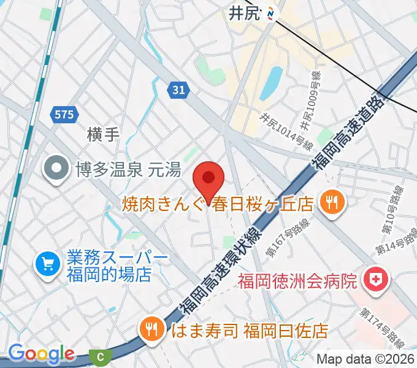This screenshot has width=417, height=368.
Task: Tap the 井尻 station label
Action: pos(245,13)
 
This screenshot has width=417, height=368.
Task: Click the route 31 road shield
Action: pos(178,90)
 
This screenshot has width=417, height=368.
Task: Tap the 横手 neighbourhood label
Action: pos(102,134)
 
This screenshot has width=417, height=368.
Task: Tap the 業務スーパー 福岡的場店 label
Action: pos(109,265)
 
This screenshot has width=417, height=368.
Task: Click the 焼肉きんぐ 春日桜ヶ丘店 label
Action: pos(218,202)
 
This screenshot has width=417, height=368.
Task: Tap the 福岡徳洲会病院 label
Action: pos(297,282)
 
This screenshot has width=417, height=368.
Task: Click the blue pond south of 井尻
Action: pos(272,83)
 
